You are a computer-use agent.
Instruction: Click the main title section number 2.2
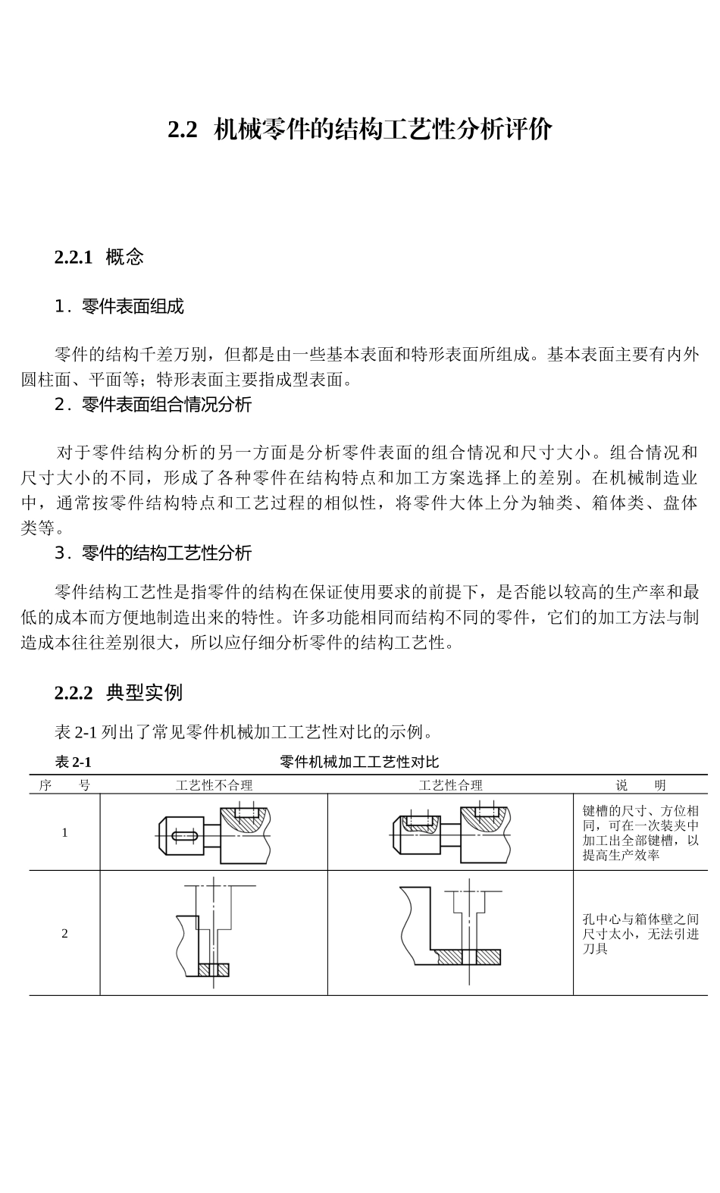coord(183,130)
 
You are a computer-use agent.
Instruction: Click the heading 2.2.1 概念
coord(99,258)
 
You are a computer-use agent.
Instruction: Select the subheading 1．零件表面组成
coord(120,307)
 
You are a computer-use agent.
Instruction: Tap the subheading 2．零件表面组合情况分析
coord(153,405)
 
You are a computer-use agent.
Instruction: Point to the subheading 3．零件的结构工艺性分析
coord(153,553)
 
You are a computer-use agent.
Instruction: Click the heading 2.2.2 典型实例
coord(119,693)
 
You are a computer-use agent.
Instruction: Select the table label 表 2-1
coord(73,762)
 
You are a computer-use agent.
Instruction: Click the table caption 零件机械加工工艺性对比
coord(359,762)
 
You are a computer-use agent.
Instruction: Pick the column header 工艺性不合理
coord(214,785)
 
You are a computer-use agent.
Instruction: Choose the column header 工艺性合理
coord(450,785)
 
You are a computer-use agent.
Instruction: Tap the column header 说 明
coord(640,785)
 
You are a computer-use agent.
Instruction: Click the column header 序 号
coord(64,785)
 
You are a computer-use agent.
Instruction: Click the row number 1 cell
coord(64,832)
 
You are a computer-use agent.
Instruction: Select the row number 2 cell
coord(64,933)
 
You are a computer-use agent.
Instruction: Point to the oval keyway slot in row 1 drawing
coord(185,836)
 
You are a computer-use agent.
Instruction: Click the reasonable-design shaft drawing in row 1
coord(450,832)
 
